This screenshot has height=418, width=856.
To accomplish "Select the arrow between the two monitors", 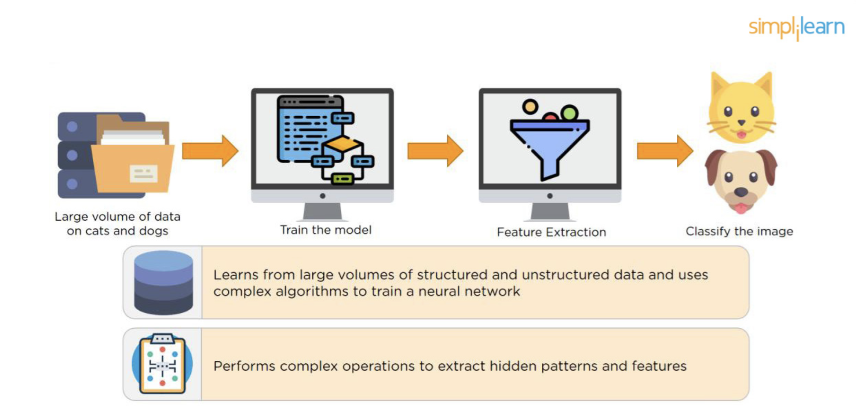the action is [435, 151].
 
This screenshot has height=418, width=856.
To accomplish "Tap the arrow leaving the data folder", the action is [210, 151].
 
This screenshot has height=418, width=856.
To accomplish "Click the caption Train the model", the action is [326, 230].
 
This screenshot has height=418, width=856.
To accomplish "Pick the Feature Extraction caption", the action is [552, 232].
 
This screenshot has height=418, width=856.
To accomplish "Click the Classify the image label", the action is [739, 231].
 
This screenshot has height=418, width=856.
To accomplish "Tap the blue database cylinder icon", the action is [163, 283].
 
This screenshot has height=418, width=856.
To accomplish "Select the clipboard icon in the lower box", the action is [162, 364].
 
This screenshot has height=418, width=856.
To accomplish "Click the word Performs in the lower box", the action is [244, 366].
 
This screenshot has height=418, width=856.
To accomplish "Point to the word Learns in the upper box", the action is [236, 274].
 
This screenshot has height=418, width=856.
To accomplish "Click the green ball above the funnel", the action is [570, 113].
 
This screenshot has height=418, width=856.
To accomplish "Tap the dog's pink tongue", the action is [741, 209].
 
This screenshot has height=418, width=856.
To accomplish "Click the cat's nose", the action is [741, 123].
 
